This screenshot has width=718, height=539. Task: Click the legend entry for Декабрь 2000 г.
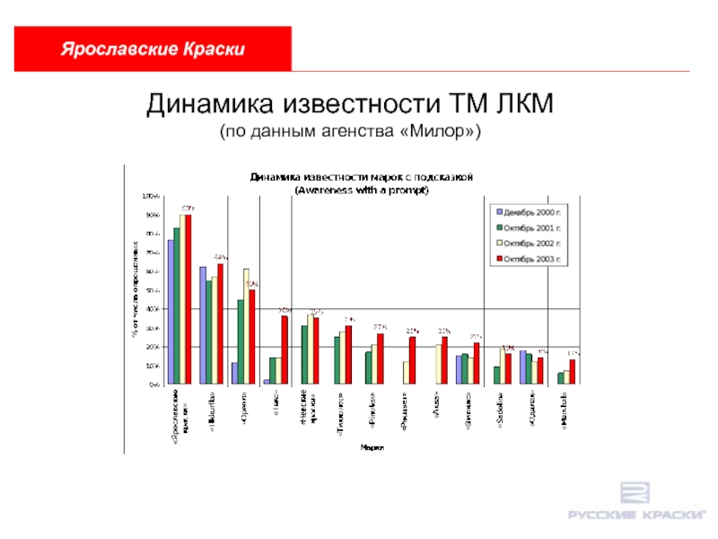(529, 212)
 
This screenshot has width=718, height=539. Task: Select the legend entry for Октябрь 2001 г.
(529, 227)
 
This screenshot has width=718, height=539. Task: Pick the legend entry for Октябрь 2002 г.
(529, 243)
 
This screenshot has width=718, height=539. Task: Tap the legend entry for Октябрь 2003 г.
(529, 260)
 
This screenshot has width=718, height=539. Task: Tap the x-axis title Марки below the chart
(367, 446)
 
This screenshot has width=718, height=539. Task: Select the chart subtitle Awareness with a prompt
(363, 190)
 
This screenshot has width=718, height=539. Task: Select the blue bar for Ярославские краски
(171, 312)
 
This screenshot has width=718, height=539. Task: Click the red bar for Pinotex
(381, 358)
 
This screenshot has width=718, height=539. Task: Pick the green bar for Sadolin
(496, 375)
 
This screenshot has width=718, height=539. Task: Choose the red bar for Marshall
(573, 371)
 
